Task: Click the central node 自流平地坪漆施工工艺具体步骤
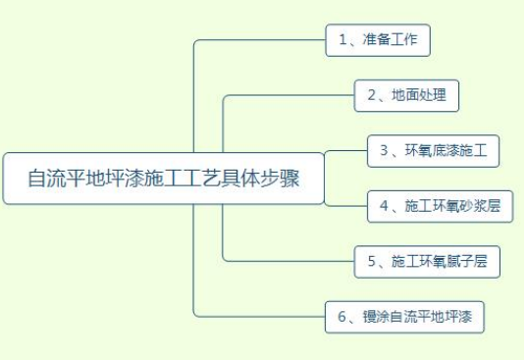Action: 163,179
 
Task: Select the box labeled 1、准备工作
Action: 378,40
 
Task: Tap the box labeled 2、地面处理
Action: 406,95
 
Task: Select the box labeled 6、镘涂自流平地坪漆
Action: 404,316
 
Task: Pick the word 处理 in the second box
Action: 433,95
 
